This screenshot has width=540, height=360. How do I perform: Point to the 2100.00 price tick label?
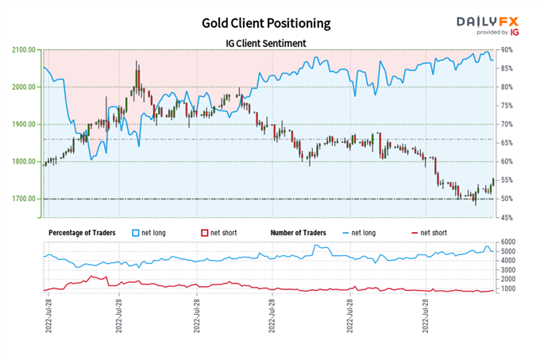[x=24, y=49]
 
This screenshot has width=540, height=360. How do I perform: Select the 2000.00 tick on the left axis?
[x=24, y=87]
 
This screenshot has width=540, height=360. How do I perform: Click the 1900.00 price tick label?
[x=24, y=124]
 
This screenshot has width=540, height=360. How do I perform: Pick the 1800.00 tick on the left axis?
[x=24, y=161]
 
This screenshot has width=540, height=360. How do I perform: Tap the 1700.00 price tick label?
[x=24, y=199]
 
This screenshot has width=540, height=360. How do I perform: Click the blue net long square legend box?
[x=136, y=232]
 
